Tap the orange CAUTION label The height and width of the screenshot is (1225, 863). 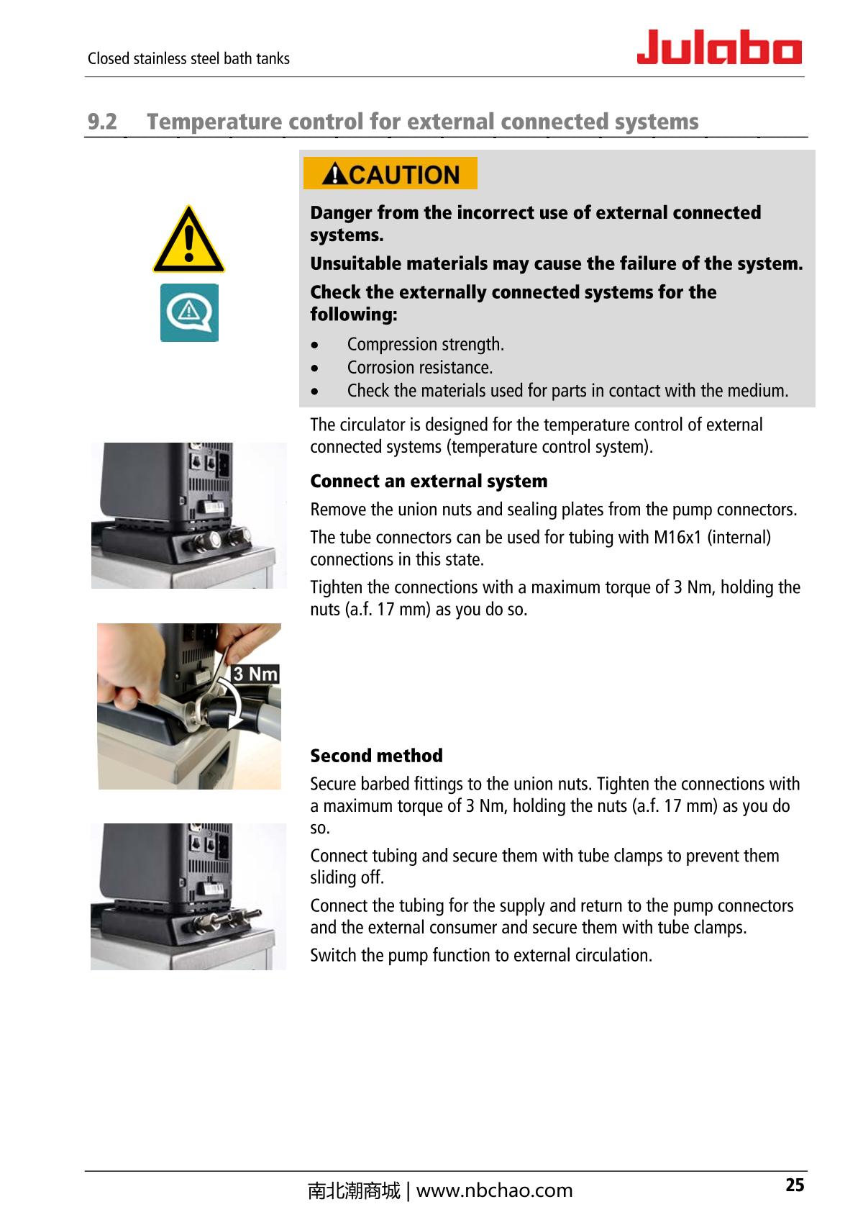click(x=391, y=173)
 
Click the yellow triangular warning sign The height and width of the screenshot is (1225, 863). click(x=188, y=241)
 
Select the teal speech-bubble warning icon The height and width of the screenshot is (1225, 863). click(x=188, y=312)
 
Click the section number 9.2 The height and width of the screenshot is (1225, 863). click(x=101, y=122)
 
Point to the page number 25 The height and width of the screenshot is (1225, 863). click(x=794, y=1185)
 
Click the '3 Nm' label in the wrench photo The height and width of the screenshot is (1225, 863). click(x=255, y=674)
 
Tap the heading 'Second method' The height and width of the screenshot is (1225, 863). click(x=376, y=756)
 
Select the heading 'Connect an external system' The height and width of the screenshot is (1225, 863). click(x=429, y=481)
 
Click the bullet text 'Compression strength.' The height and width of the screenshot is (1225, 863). click(x=425, y=344)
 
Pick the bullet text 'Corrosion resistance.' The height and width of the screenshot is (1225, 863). click(x=419, y=368)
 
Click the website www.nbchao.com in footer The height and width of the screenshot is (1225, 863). click(x=494, y=1191)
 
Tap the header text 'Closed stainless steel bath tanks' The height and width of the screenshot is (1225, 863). click(x=188, y=59)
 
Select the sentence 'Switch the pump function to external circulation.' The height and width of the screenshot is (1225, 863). click(x=481, y=956)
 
